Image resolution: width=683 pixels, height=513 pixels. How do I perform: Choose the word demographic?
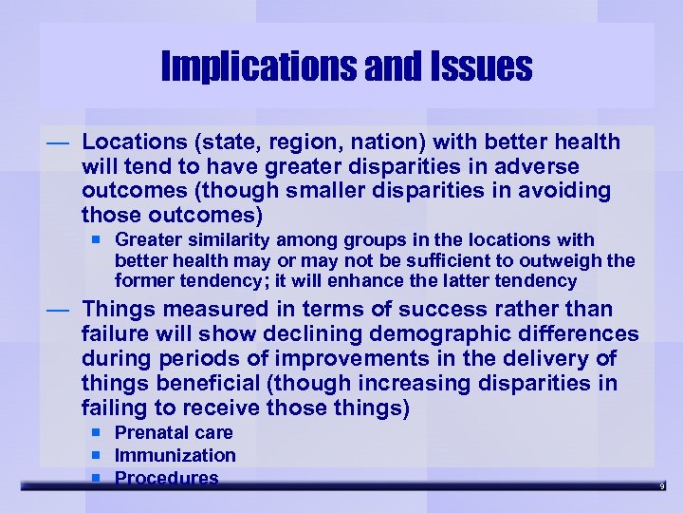tap(468, 334)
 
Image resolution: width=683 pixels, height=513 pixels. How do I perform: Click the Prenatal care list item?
tap(174, 433)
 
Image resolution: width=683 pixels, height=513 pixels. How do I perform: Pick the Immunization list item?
tap(175, 456)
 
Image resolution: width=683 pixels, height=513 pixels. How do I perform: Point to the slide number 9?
tap(663, 486)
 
